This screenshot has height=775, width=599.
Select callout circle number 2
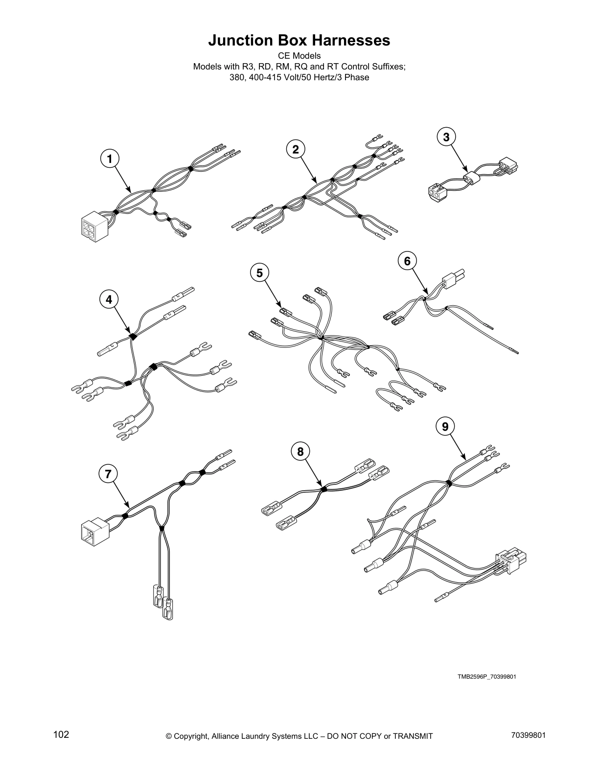pos(296,149)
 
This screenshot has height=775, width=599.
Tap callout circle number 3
pos(446,137)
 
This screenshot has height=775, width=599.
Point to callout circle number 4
pos(109,299)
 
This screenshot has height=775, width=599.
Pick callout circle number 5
pos(259,273)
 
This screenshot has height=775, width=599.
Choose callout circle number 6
pos(407,261)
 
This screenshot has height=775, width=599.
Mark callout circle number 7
pos(108,473)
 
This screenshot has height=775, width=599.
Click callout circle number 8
pos(300,451)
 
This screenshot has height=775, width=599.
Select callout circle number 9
pos(445,427)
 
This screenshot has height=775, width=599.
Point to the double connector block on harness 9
pos(513,562)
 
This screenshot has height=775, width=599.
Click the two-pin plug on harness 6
pos(453,279)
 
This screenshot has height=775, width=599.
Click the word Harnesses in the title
pos(348,41)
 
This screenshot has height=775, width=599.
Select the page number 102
pos(61,735)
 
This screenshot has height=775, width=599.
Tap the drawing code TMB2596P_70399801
pos(487,677)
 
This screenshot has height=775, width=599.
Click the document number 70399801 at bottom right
pos(527,735)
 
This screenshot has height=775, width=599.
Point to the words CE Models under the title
pos(299,56)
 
